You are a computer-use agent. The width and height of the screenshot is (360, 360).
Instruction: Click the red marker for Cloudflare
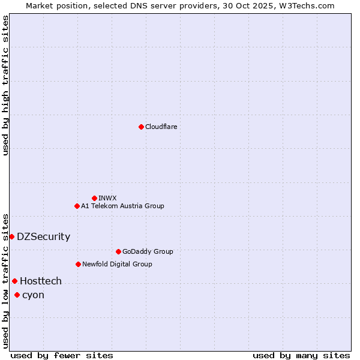(x=141, y=127)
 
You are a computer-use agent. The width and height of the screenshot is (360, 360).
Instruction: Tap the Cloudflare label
(x=161, y=127)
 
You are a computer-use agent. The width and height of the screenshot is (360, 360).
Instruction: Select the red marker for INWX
(x=94, y=198)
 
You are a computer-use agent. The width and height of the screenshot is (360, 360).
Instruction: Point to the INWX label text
(x=107, y=198)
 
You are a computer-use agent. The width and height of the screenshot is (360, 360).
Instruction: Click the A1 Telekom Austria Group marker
(x=77, y=206)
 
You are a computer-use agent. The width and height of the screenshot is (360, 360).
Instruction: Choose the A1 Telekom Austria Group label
(x=122, y=206)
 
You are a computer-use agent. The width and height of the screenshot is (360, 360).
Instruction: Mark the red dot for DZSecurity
(x=11, y=236)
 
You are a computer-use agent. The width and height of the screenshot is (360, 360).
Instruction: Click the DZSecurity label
(x=43, y=236)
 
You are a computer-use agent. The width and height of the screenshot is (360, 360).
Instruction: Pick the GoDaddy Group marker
(x=118, y=251)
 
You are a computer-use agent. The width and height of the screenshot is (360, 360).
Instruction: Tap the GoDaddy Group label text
(x=148, y=251)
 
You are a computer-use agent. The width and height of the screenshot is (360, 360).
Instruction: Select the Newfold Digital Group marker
(x=78, y=264)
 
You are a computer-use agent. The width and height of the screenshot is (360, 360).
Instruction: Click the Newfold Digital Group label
(x=117, y=264)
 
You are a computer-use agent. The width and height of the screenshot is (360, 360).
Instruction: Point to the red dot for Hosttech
(x=14, y=281)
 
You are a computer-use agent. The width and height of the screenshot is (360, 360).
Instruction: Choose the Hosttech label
(x=41, y=281)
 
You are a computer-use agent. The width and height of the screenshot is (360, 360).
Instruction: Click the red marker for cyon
(x=17, y=295)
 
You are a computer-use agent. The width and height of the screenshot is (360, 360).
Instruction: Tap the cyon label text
(x=33, y=295)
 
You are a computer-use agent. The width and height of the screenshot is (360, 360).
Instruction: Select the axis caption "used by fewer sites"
(x=62, y=355)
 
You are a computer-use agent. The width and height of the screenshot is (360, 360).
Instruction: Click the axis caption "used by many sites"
(x=301, y=355)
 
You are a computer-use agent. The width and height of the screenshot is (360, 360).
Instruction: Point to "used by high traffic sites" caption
(x=5, y=85)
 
